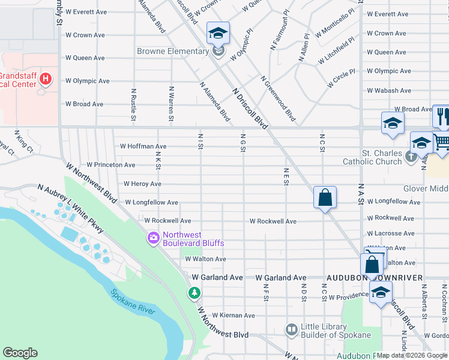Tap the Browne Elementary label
(172, 52)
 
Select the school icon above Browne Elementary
(218, 34)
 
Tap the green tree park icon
(194, 293)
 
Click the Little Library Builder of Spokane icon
(291, 329)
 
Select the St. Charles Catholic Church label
(372, 157)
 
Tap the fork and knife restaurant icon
(442, 115)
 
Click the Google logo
(20, 353)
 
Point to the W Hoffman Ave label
(143, 146)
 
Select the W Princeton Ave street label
(111, 164)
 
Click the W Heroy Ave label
(142, 184)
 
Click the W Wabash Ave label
(389, 91)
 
